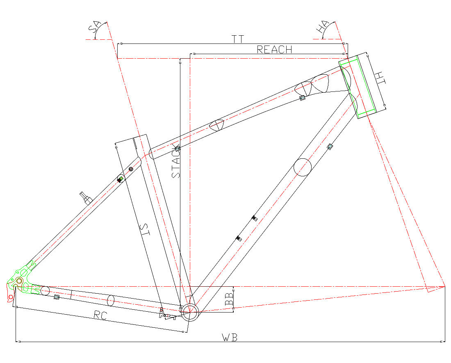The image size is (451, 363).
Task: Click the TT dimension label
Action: (238, 39)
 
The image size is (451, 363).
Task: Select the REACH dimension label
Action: (274, 50)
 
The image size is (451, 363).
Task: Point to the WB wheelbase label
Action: (230, 338)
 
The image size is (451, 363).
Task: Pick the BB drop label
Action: (229, 299)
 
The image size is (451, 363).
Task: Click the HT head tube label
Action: (380, 78)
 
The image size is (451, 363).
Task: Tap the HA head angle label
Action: (322, 27)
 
